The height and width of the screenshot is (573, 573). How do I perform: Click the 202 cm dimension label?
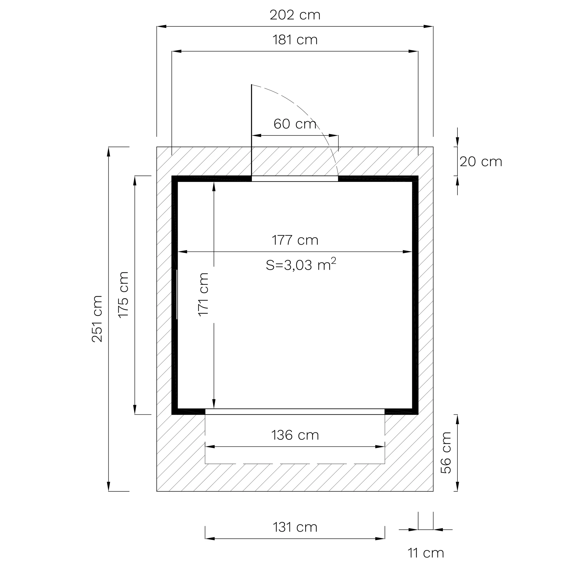coord(295,15)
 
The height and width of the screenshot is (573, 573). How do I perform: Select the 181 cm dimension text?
coord(295,40)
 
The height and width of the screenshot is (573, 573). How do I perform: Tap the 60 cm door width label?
coord(295,124)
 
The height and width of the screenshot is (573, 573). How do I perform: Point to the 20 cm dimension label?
coord(481,162)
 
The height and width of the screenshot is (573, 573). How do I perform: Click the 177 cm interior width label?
coord(295,240)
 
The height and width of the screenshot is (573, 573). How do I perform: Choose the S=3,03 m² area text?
coord(301,264)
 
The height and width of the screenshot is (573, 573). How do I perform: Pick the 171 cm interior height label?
coord(203,295)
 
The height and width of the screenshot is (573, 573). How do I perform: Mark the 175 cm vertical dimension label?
coord(123,295)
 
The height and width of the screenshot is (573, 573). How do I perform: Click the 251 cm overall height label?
coord(97,319)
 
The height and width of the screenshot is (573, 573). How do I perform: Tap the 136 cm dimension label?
coord(295,435)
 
